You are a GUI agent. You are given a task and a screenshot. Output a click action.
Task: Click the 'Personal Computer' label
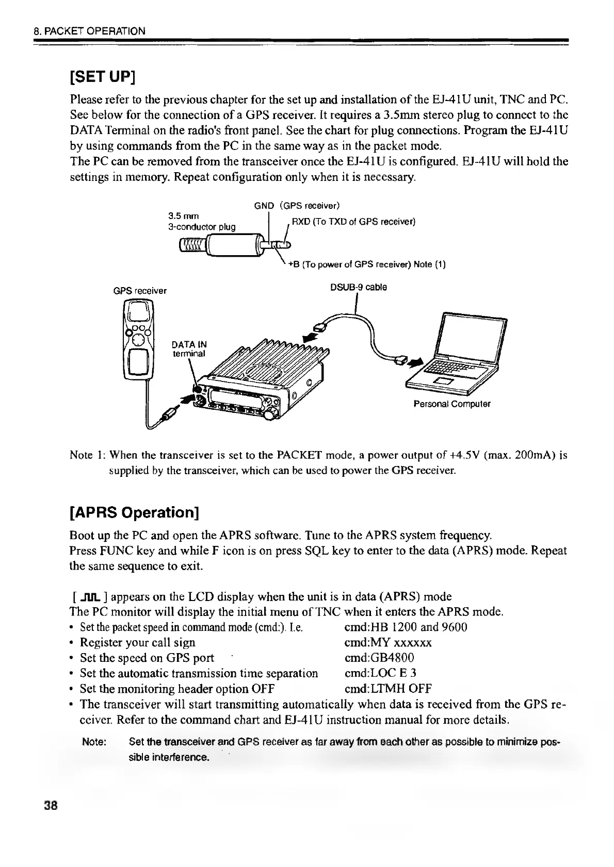[452, 404]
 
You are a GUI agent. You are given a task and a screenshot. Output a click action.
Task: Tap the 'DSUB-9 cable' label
[359, 287]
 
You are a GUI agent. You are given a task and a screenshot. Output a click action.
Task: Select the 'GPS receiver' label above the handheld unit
[140, 291]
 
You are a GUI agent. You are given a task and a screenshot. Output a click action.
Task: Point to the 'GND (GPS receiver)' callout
[296, 206]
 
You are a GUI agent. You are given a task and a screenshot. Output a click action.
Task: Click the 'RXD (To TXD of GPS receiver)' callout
[353, 222]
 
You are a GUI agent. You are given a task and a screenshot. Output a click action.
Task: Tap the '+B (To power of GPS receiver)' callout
[367, 264]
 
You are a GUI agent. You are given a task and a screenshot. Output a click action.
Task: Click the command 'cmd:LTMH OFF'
[387, 689]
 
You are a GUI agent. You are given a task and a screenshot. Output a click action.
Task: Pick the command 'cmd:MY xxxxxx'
[387, 642]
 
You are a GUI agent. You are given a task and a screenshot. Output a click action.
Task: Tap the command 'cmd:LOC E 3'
[380, 673]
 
